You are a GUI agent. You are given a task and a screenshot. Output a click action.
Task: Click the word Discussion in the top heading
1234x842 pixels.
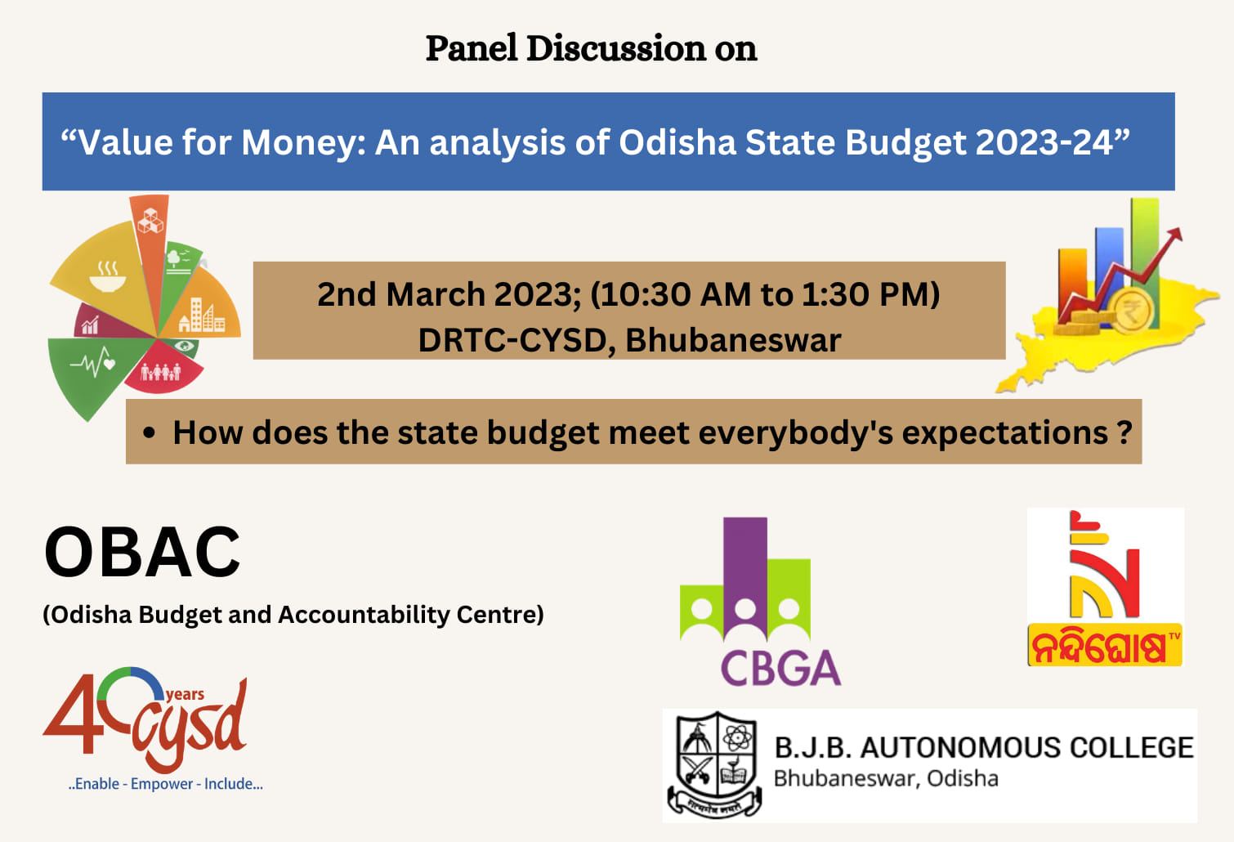[x=615, y=48]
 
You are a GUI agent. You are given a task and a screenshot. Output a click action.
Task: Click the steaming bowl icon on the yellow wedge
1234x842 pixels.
[x=108, y=276]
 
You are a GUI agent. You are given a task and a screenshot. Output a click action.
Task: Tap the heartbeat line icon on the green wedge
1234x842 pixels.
[x=92, y=361]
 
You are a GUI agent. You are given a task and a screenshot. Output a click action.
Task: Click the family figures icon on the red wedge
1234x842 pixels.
[x=160, y=372]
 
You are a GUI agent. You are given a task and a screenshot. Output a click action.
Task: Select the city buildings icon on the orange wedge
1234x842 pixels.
[x=202, y=315]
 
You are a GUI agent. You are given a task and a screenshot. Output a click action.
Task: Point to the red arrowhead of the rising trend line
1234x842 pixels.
[x=1174, y=235]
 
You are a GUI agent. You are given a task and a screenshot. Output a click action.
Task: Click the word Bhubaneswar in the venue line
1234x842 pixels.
[x=733, y=340]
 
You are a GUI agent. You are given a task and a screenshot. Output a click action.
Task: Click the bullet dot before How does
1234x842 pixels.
[x=148, y=432]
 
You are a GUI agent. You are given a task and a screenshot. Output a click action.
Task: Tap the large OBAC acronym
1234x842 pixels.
[x=142, y=552]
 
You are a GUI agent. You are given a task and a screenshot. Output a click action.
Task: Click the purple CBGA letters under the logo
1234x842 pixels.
[x=780, y=668]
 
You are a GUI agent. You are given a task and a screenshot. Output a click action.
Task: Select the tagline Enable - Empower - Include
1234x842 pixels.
[x=165, y=784]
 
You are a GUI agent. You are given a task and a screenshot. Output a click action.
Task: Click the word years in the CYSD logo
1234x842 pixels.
[x=185, y=694]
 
